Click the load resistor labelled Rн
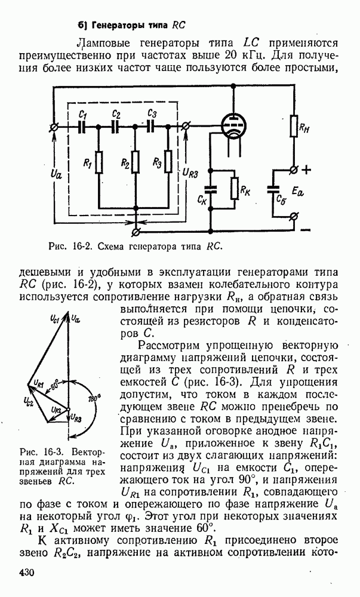(294, 127)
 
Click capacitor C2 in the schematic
(115, 127)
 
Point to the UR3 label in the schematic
(192, 173)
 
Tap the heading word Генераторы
(116, 26)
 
